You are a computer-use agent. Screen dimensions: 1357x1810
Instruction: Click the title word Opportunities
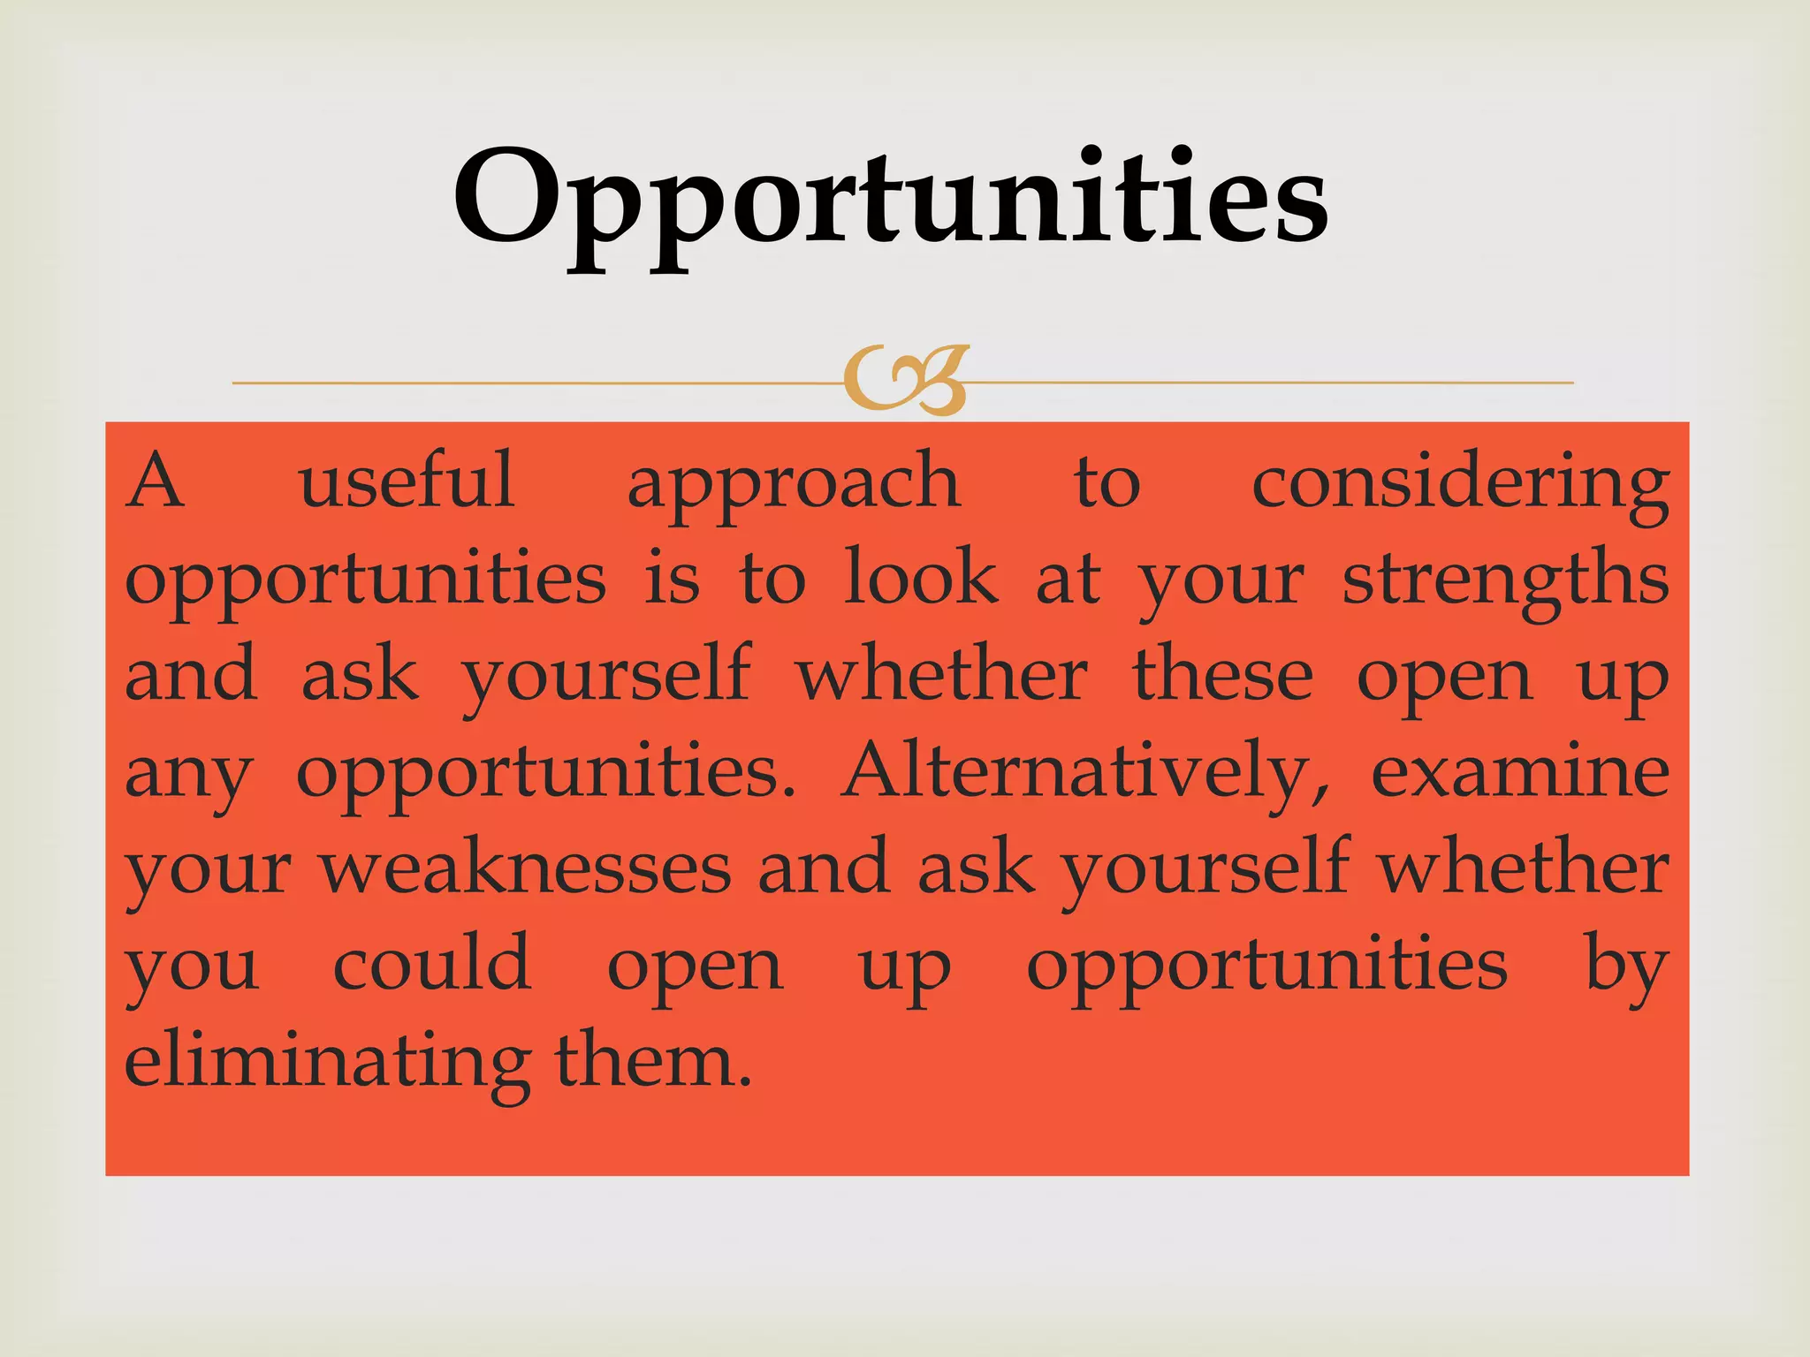(890, 200)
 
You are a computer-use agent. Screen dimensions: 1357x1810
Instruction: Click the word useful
(407, 481)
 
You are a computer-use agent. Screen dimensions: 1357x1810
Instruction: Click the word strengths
(1505, 581)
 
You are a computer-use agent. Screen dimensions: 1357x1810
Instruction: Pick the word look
(920, 578)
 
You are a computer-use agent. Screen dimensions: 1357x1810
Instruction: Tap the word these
(1222, 676)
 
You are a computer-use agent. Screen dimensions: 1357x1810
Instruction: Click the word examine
(1519, 772)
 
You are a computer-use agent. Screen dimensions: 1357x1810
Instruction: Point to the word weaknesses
(526, 869)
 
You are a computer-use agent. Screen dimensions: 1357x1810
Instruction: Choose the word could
(432, 964)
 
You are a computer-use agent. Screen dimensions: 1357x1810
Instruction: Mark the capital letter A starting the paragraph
(156, 481)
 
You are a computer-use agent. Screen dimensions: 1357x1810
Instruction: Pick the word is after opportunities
(672, 580)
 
